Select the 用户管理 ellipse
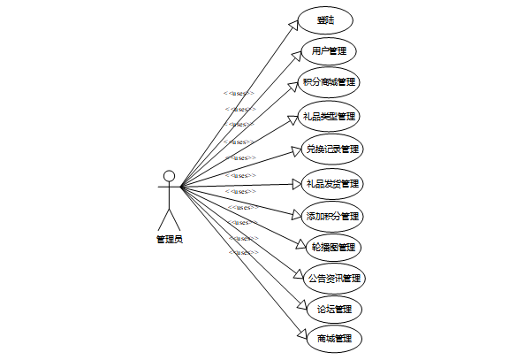pos(329,50)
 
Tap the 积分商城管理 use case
pos(329,82)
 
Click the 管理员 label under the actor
pos(170,238)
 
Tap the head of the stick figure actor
pos(169,174)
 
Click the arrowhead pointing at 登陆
pos(295,24)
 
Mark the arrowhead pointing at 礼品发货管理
pos(296,184)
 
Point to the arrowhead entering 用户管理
pos(295,53)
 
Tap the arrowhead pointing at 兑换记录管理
pos(296,151)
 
